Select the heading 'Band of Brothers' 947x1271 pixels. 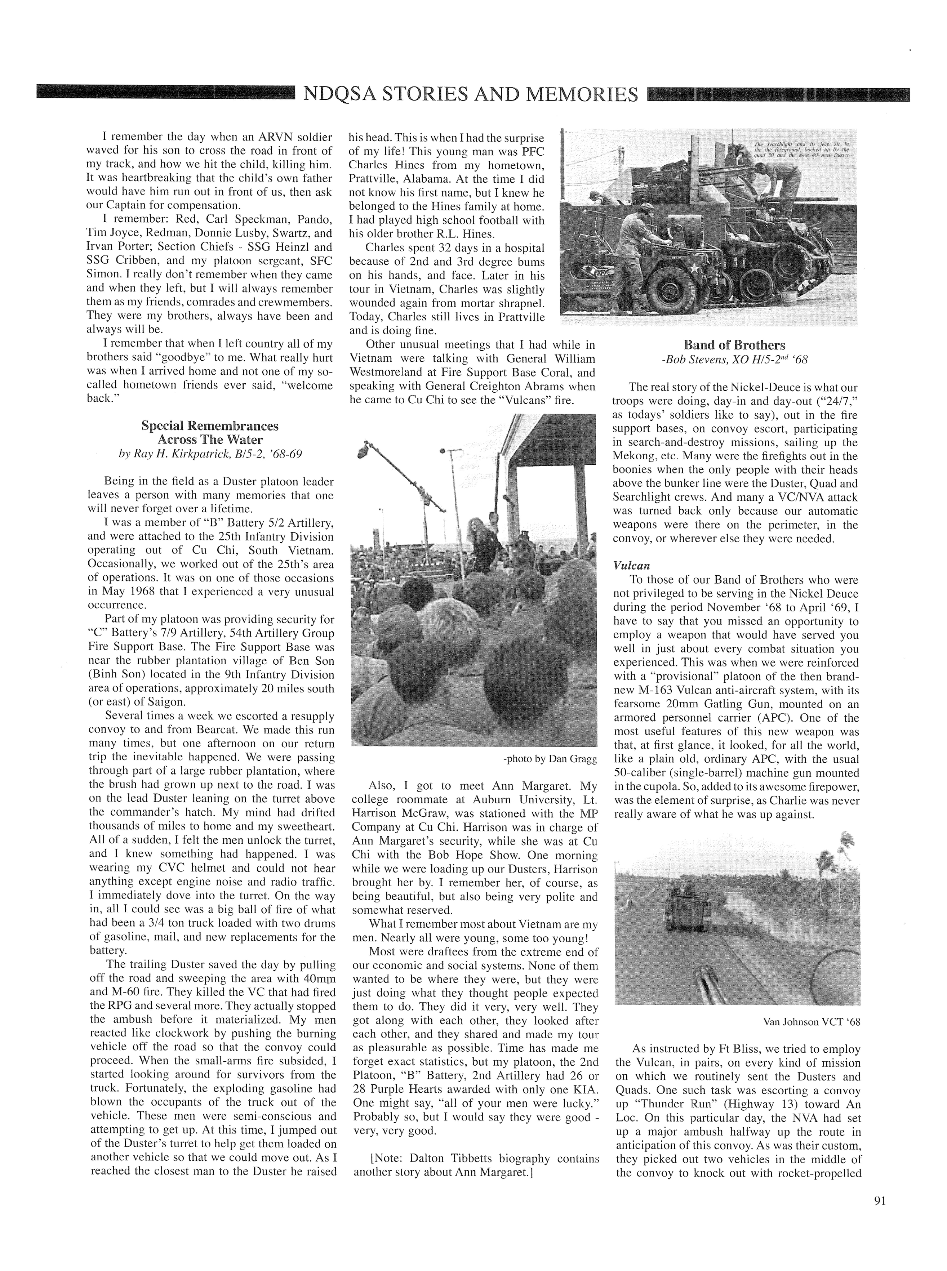tap(734, 345)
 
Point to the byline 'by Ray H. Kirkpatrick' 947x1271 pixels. tap(210, 454)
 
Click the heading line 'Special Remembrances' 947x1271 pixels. tap(210, 426)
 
